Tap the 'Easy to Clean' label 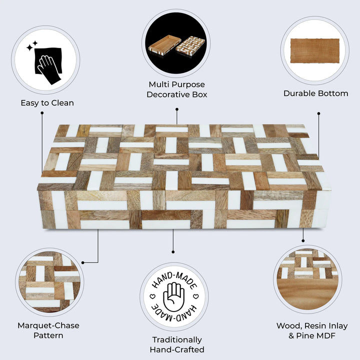(x=47, y=103)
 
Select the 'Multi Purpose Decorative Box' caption (x=176, y=89)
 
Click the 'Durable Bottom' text (x=315, y=93)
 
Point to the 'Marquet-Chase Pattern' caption (x=48, y=330)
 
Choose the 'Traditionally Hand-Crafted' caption (x=176, y=344)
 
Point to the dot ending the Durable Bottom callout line (x=318, y=114)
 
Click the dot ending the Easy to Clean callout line (x=41, y=114)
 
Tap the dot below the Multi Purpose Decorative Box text (x=176, y=109)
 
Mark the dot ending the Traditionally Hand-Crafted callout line (x=173, y=251)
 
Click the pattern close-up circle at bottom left (x=49, y=282)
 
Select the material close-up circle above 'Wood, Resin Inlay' (x=306, y=280)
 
